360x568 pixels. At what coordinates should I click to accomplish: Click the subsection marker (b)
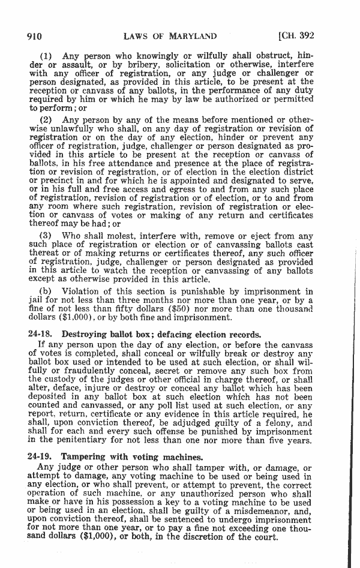[x=46, y=291]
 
